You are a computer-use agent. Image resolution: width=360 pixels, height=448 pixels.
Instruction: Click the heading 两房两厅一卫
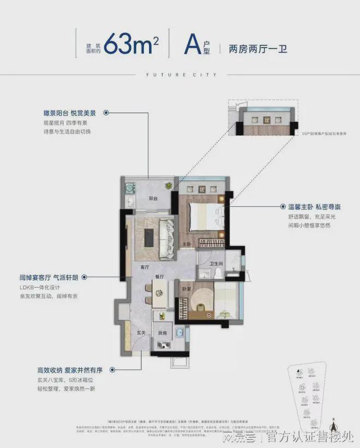253,48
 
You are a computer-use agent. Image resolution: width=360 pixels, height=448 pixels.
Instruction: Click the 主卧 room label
187,243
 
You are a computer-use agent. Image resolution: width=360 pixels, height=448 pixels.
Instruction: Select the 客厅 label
145,267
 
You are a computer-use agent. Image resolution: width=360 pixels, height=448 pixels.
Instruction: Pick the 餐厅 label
159,277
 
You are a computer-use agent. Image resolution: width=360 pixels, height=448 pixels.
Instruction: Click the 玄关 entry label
141,332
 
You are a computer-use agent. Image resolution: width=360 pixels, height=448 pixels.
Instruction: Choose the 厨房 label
162,332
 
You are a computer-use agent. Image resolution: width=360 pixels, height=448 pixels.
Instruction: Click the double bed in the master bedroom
205,214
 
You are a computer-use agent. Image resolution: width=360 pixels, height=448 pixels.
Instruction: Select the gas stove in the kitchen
163,344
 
